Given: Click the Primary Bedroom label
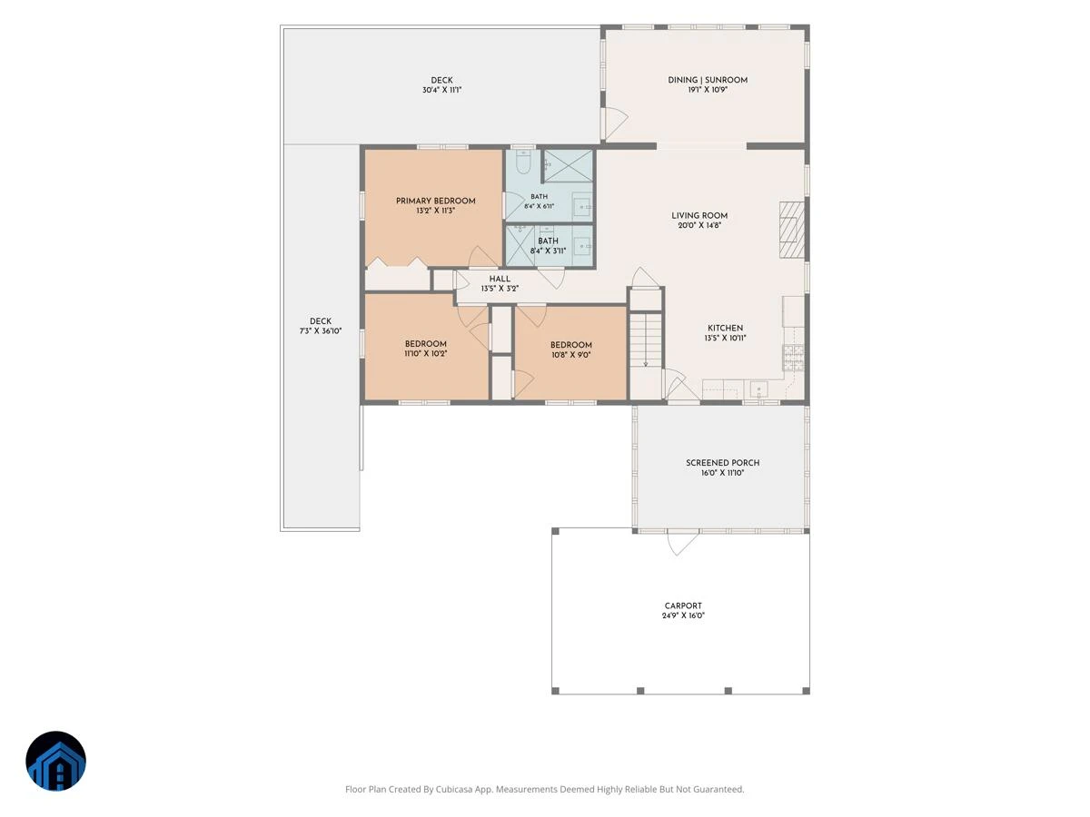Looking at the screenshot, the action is click(x=435, y=201).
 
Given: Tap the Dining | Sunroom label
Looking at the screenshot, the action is click(x=708, y=80).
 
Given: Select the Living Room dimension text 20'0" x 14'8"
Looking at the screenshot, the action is click(x=699, y=225).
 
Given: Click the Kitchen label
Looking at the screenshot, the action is click(x=725, y=328).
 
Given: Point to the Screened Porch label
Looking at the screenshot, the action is click(x=722, y=463).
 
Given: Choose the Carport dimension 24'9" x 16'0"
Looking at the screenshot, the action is click(x=683, y=615).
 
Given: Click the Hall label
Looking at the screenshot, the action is click(x=500, y=279).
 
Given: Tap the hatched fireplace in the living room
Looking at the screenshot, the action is click(x=791, y=230).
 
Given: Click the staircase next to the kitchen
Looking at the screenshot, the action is click(x=646, y=340).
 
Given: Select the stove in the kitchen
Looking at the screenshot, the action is click(x=793, y=358).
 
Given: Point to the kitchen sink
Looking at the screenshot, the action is click(x=758, y=389).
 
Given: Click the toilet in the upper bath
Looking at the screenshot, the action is click(x=522, y=162).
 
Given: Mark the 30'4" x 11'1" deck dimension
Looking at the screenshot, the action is click(x=442, y=90).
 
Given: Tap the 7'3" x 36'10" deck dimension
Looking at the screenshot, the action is click(x=321, y=330).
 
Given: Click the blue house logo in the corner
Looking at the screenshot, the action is click(x=55, y=761).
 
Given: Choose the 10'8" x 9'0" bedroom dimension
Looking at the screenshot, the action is click(x=571, y=355).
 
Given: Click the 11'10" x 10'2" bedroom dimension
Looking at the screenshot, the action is click(x=426, y=354).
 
